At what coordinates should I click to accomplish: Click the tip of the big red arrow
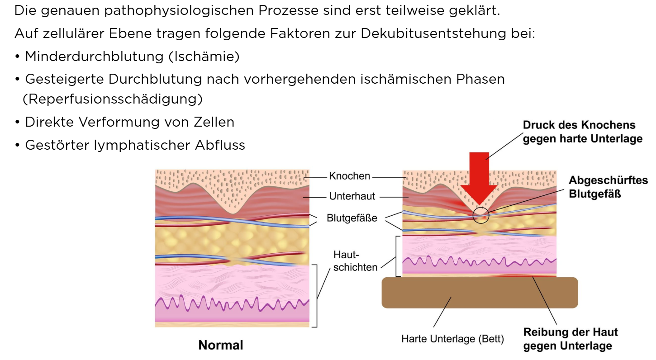(479, 205)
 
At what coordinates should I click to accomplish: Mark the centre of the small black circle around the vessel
(480, 215)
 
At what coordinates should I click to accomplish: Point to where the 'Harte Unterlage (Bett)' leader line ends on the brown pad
(451, 298)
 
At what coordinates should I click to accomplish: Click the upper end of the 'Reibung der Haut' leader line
(532, 277)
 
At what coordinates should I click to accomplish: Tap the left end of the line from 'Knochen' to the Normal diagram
(304, 178)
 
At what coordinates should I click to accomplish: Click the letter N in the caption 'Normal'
(202, 346)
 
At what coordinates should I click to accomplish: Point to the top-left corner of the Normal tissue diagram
(155, 170)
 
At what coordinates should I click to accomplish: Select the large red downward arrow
(479, 179)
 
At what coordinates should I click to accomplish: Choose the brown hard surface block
(480, 293)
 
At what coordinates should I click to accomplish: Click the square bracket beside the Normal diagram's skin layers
(314, 296)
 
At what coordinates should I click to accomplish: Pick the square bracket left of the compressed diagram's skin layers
(398, 256)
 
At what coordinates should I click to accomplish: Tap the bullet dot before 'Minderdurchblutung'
(17, 57)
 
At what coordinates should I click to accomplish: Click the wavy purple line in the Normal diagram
(232, 303)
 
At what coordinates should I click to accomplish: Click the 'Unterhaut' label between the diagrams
(352, 196)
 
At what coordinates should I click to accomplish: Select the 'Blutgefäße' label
(352, 218)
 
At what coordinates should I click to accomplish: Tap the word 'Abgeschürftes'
(608, 180)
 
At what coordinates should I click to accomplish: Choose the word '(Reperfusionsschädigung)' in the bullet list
(113, 99)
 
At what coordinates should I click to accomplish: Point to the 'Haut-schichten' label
(355, 261)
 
